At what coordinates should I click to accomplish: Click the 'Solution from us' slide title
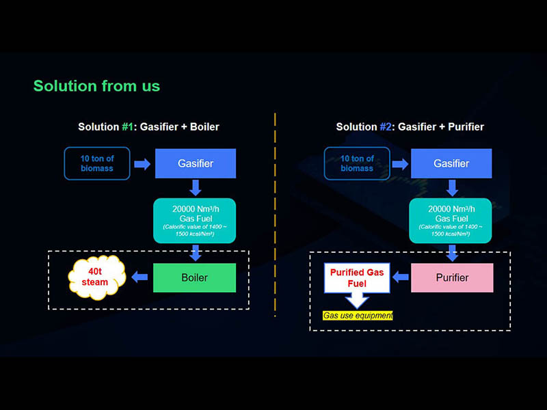(x=96, y=86)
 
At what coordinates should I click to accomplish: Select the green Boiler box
(x=195, y=277)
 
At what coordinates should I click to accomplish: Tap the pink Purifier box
(x=452, y=277)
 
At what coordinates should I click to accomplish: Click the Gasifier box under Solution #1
(x=196, y=164)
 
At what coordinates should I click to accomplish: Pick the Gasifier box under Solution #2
(x=451, y=164)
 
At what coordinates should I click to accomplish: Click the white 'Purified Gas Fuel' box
(x=358, y=277)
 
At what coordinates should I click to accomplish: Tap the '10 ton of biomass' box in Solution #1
(x=97, y=164)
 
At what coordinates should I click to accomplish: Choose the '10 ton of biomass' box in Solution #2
(x=357, y=164)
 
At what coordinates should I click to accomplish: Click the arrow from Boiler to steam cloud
(x=140, y=277)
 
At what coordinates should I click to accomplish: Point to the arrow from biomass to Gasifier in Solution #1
(x=142, y=164)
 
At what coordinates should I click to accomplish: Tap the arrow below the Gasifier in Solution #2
(x=451, y=187)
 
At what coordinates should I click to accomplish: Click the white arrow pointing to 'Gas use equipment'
(x=358, y=299)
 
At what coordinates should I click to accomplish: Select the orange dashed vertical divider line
(x=275, y=212)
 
